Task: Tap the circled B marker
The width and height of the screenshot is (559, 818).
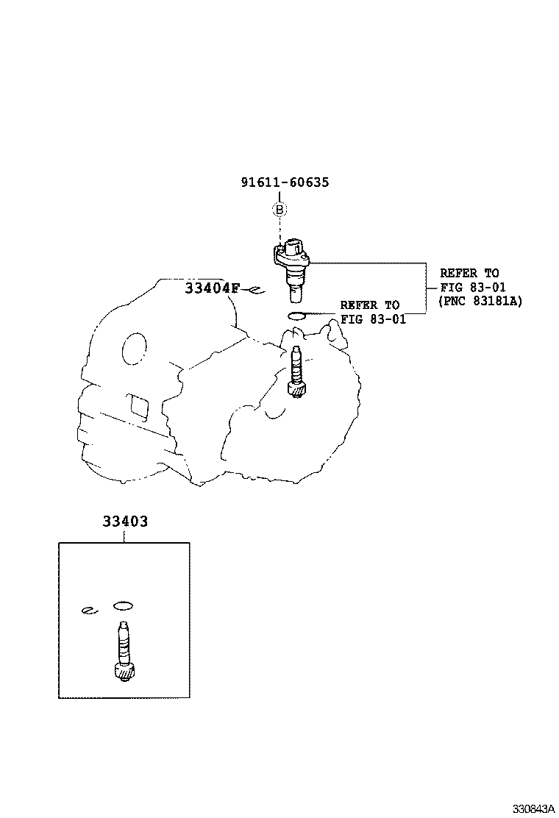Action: pos(279,210)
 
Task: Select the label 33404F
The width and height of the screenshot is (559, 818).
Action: pos(212,288)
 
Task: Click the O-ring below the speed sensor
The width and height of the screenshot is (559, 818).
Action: pos(297,316)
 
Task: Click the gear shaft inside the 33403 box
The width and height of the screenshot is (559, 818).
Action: pos(122,647)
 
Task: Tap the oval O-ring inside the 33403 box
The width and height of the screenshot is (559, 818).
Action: pos(123,606)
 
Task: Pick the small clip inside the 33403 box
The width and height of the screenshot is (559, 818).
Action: pos(89,611)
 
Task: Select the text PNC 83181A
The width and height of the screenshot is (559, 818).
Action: pos(480,301)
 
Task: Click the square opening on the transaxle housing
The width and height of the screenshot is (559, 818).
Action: pos(138,403)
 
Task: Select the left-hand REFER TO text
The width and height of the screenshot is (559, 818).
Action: pos(369,305)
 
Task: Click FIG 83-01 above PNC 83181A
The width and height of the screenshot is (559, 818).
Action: pos(473,287)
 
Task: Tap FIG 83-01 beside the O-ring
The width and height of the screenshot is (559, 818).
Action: pos(373,319)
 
